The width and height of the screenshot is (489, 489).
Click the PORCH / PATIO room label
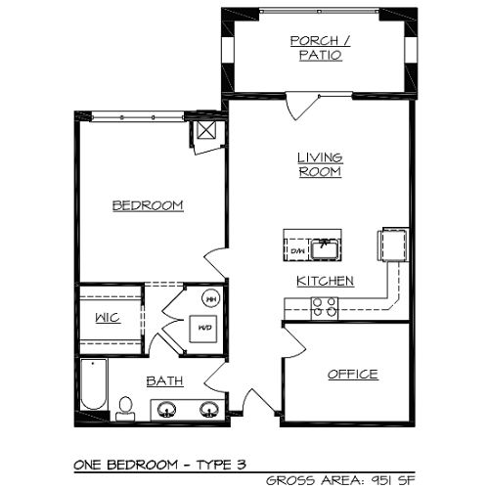point(316,48)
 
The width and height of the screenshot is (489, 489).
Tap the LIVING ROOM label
point(319,164)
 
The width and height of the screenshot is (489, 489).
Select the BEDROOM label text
point(148,205)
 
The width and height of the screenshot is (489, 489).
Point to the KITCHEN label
point(325,282)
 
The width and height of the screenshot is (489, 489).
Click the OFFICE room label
point(352,375)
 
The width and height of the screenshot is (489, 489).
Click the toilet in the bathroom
point(125,407)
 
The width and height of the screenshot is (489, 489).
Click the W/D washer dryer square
point(204,328)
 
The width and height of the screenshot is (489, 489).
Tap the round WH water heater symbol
point(210,298)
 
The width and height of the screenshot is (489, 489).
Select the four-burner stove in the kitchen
point(324,308)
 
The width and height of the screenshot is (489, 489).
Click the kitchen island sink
point(325,247)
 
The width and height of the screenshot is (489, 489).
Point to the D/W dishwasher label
point(297,252)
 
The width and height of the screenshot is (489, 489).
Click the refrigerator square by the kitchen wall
point(392,244)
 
